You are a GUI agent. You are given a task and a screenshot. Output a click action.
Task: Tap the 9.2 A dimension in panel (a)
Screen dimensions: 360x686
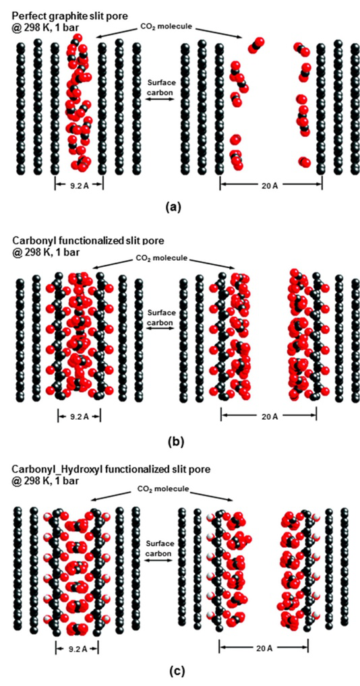[79, 185]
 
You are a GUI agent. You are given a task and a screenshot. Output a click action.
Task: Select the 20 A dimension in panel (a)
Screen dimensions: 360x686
[271, 185]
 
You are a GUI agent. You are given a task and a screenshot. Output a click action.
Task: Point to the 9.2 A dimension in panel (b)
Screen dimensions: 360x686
[79, 416]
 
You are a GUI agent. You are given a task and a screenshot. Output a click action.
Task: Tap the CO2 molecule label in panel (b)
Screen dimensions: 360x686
[164, 259]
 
